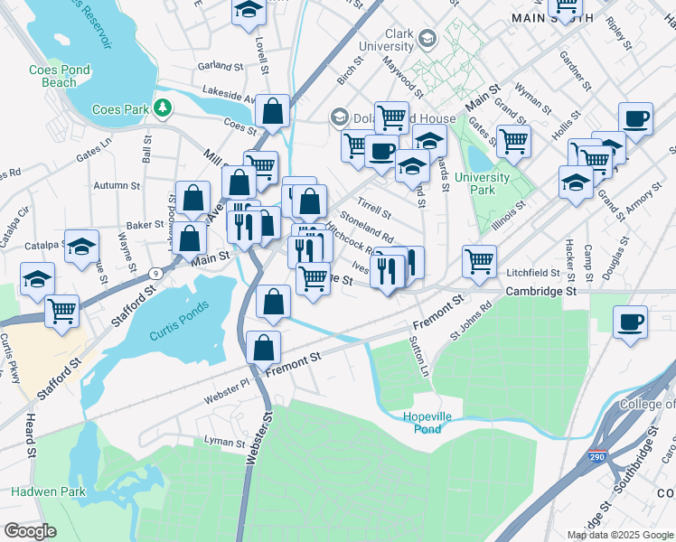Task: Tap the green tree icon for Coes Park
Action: (163, 108)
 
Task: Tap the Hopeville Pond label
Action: (435, 422)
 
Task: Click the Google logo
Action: (29, 531)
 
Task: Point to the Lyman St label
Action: (225, 444)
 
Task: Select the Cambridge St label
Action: (540, 292)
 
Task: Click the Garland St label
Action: (221, 66)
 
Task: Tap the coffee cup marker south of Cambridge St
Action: (630, 322)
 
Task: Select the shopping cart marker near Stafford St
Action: (61, 312)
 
